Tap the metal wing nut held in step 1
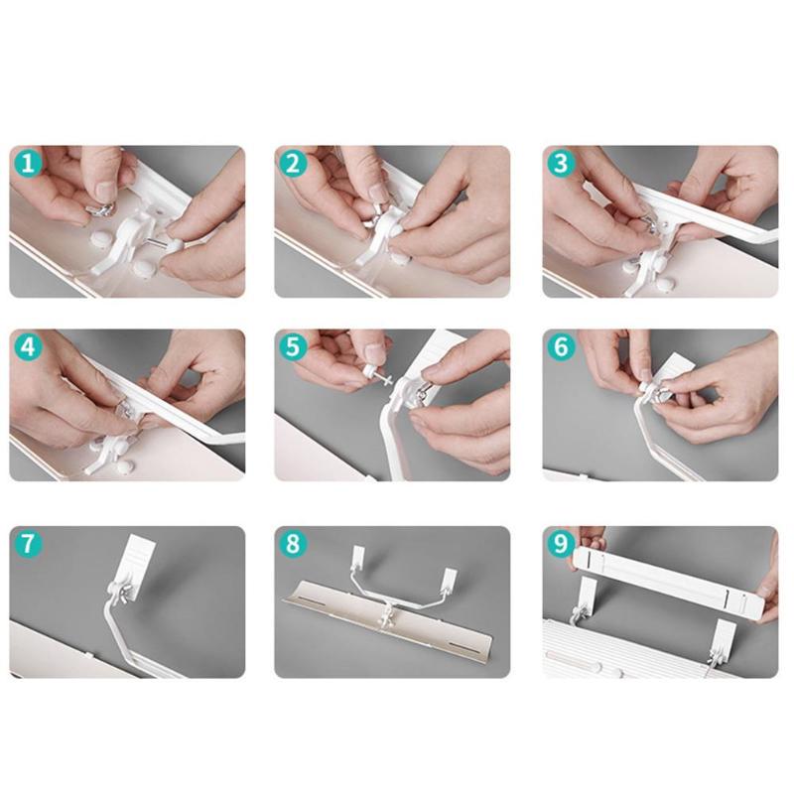(101, 209)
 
